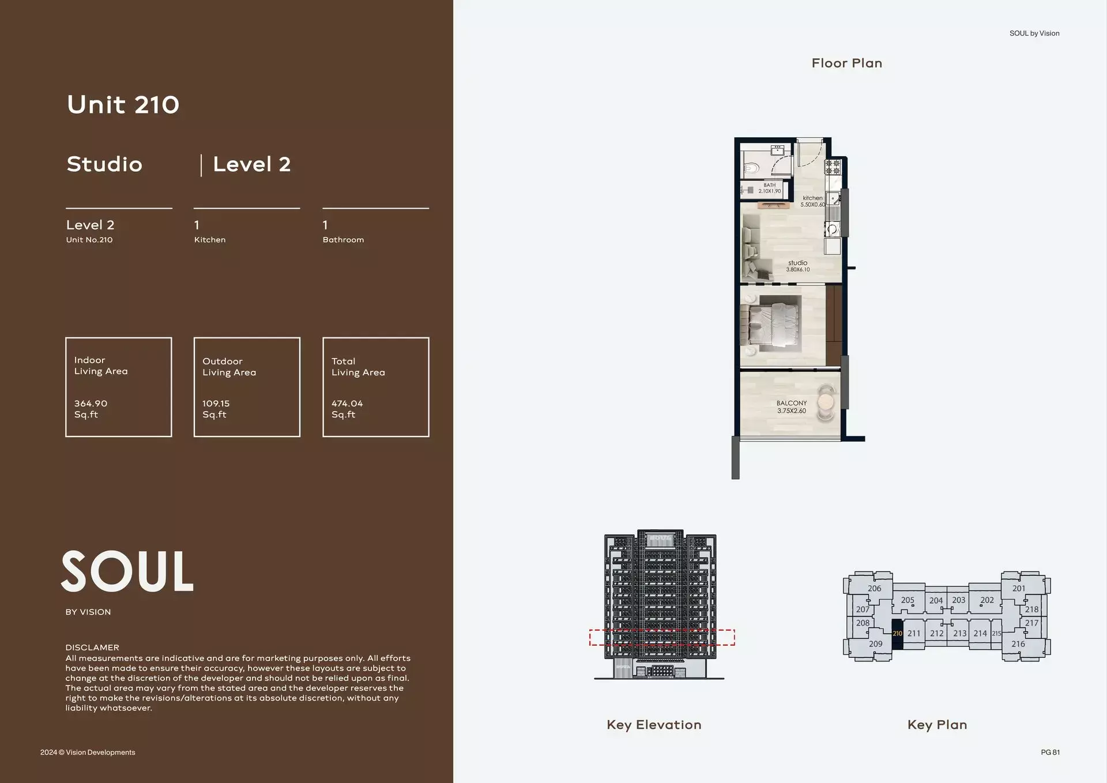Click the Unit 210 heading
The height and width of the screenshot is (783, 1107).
click(123, 105)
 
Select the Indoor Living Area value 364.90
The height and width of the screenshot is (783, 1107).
click(91, 404)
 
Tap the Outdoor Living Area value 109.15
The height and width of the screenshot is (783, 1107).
click(216, 404)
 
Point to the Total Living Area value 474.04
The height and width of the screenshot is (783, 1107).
click(347, 404)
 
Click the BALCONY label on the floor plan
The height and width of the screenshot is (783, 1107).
click(792, 403)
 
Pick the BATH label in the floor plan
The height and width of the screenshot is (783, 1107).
click(770, 185)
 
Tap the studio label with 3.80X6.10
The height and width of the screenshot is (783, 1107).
click(798, 266)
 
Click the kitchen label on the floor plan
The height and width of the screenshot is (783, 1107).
click(812, 198)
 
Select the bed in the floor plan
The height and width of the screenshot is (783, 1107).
click(775, 323)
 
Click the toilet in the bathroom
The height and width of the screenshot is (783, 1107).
click(751, 168)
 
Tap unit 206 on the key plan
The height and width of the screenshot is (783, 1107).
click(874, 589)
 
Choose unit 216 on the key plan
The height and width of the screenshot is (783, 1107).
click(1018, 644)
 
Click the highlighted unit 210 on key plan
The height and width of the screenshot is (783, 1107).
click(897, 634)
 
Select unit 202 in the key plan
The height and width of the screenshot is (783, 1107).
click(987, 600)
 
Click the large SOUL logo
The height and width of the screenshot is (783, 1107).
click(127, 571)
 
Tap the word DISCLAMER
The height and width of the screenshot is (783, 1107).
click(92, 648)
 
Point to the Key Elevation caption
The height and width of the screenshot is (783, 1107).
click(654, 725)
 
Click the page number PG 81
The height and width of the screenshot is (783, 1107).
click(1050, 752)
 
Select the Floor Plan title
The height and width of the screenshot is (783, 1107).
click(846, 63)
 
